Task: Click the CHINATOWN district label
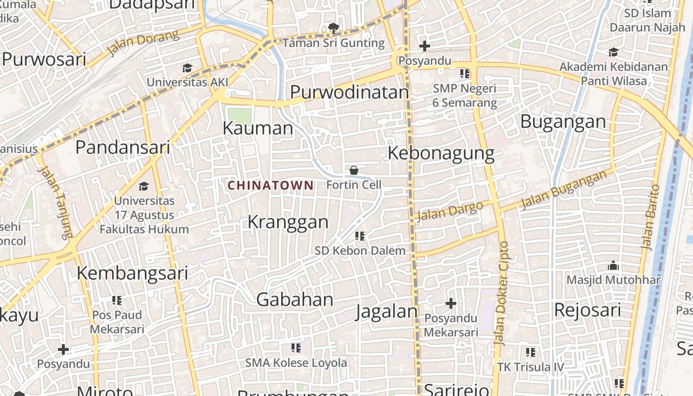click(270, 186)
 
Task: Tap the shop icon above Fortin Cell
click(354, 171)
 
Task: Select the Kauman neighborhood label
click(258, 128)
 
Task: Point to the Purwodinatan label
click(349, 93)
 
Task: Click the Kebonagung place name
click(441, 153)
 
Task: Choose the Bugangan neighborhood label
click(563, 121)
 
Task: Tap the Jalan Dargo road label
click(449, 211)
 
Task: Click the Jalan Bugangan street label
click(563, 190)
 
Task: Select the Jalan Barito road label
click(650, 217)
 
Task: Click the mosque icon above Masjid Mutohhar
click(613, 266)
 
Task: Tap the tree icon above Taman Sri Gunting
click(334, 28)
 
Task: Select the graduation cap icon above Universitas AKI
click(187, 68)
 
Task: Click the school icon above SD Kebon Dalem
click(360, 236)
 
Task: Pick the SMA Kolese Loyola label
click(296, 363)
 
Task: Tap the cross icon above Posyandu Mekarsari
click(450, 303)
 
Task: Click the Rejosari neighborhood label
click(587, 310)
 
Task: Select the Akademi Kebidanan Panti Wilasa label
click(614, 74)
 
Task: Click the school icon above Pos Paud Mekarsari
click(117, 300)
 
